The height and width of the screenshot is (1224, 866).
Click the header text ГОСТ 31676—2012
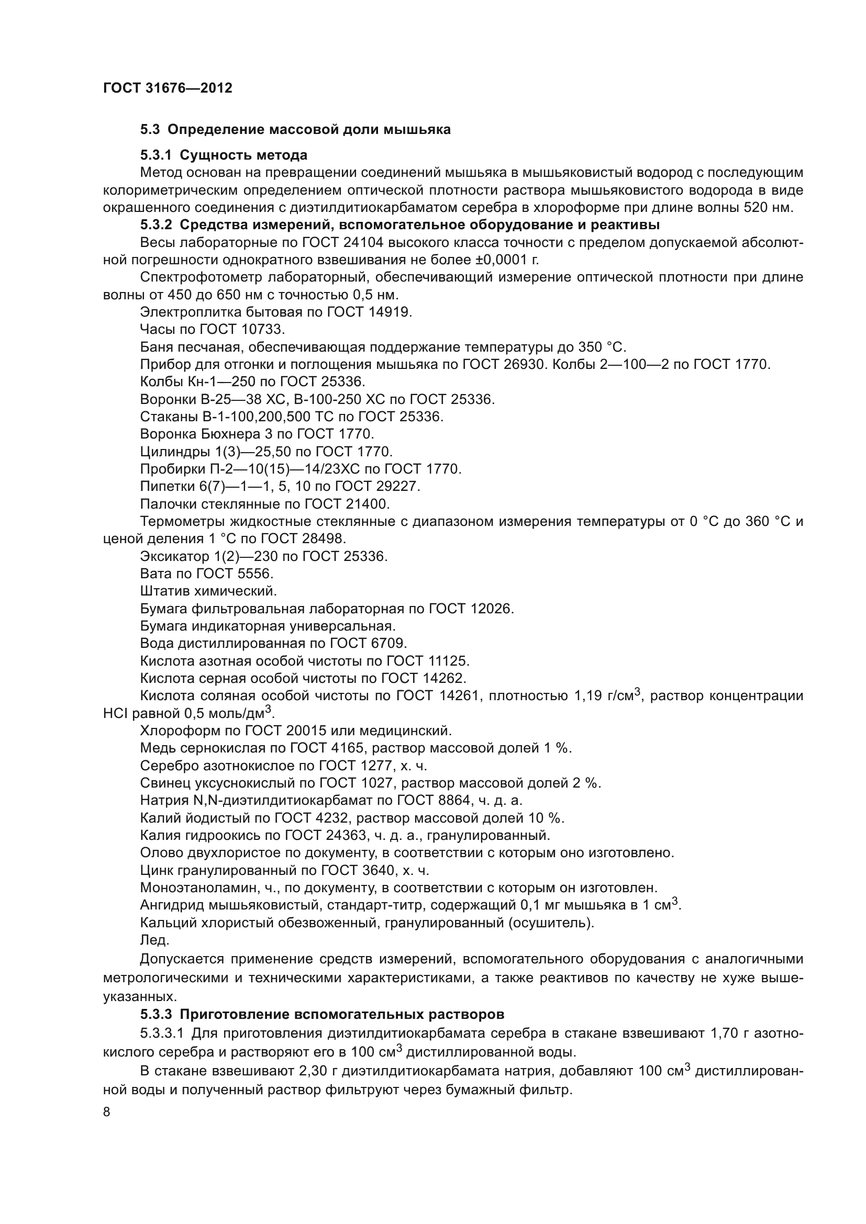click(168, 88)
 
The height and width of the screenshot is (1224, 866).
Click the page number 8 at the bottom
click(107, 1112)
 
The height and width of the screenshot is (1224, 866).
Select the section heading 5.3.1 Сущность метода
click(224, 155)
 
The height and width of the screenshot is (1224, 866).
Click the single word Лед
click(154, 940)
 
